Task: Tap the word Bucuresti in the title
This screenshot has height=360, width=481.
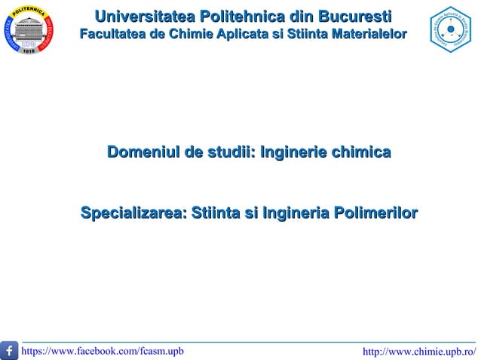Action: pyautogui.click(x=354, y=17)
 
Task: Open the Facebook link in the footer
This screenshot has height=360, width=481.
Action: pyautogui.click(x=103, y=351)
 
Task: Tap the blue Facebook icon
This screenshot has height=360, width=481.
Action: pyautogui.click(x=11, y=351)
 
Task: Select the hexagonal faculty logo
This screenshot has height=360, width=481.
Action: pyautogui.click(x=449, y=30)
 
